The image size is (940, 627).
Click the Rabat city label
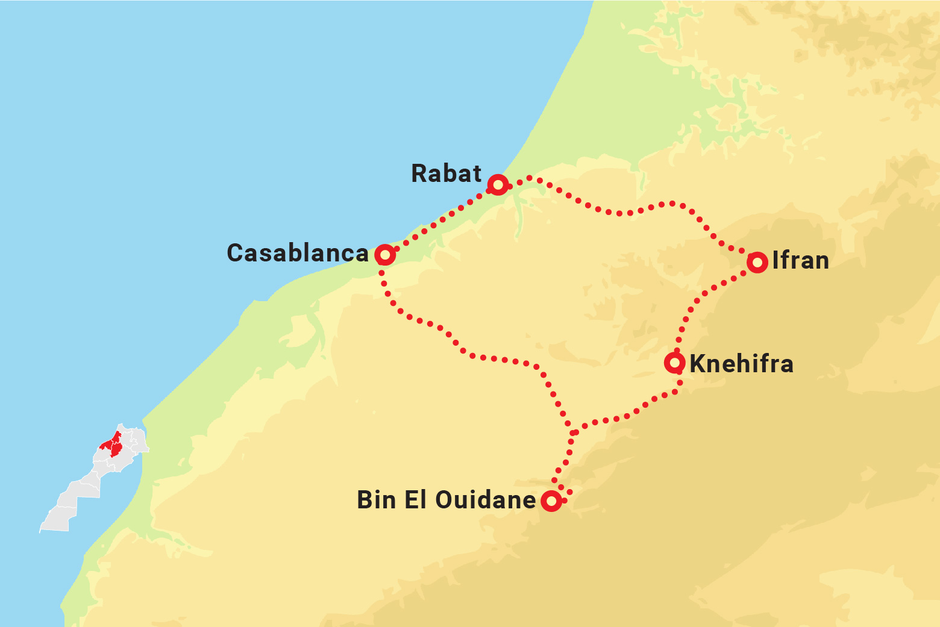coord(446,173)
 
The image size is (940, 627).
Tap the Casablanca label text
coord(297,254)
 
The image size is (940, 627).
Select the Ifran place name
coord(800,261)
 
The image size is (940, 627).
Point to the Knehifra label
coord(741,364)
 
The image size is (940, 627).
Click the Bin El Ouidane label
coord(446,500)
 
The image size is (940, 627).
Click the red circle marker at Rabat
coord(498,184)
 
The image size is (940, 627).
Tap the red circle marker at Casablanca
coord(385,255)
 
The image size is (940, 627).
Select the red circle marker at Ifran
coord(757,262)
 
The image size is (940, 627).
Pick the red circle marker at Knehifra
coord(674,363)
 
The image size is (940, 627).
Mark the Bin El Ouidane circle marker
coord(551,501)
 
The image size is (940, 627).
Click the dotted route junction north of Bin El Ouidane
coord(573,432)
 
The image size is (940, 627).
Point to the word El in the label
coord(416,500)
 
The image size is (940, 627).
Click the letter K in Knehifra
coord(697,364)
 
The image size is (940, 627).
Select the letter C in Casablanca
coord(236,254)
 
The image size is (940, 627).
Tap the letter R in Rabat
coord(419,173)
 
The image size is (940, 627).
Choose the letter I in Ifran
coord(775,261)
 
